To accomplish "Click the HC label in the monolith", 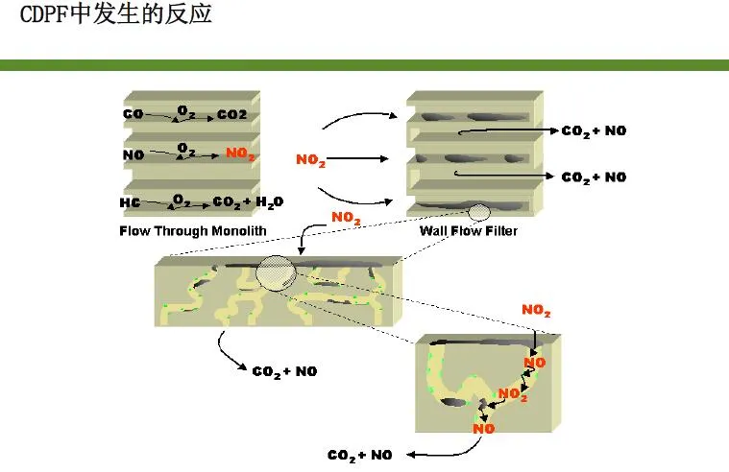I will pos(130,203).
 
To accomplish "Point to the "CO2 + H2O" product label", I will pos(247,203).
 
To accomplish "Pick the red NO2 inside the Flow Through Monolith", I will pos(241,153).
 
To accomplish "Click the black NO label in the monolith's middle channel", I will pos(133,154).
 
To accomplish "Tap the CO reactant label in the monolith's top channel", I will pos(133,114).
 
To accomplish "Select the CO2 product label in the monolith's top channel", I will pos(231,115).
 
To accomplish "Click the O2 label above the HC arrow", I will pos(180,199).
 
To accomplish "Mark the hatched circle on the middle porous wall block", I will pos(276,272).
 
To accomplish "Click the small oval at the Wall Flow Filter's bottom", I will pos(478,212).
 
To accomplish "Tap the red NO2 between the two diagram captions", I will pos(346,218).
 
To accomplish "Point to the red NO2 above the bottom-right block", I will pos(536,310).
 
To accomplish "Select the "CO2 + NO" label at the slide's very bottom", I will pos(359,455).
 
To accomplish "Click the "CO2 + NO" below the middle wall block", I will pos(284,371).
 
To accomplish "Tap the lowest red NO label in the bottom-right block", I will pos(484,429).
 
